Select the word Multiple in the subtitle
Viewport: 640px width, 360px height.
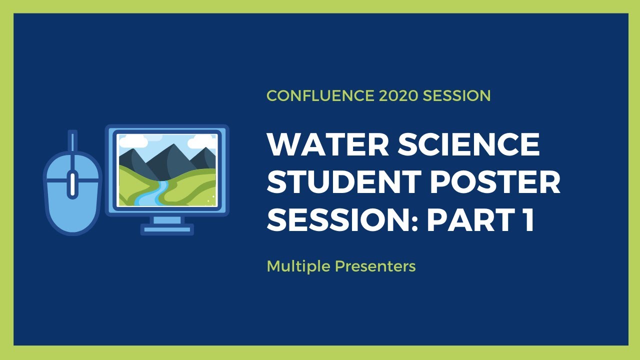[298, 266]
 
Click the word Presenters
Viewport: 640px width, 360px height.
[375, 266]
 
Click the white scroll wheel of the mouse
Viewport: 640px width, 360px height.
[73, 183]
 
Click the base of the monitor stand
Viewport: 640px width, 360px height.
[166, 229]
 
